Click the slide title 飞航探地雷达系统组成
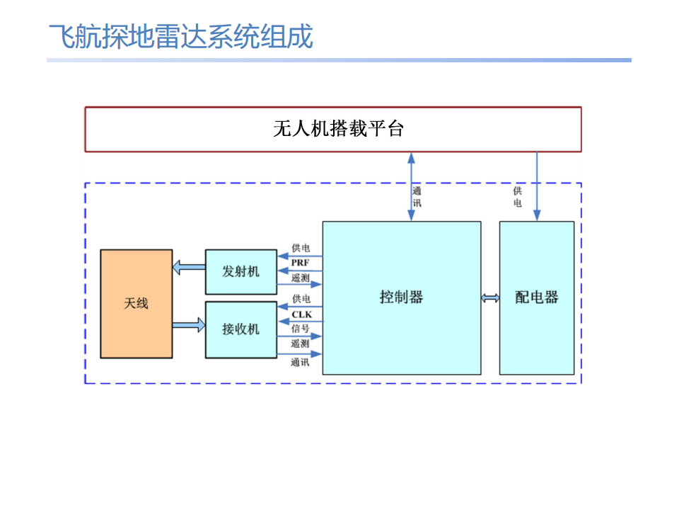pos(180,37)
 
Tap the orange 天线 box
pos(137,303)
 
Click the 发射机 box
pos(240,271)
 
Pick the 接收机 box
pos(240,329)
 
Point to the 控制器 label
pos(401,297)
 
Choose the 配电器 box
pos(536,297)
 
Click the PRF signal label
pos(301,263)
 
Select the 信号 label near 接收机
pos(301,329)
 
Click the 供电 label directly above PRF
pos(301,249)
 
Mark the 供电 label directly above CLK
pos(301,300)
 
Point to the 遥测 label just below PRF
pos(301,278)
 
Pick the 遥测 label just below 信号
pos(301,344)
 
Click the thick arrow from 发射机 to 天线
pos(188,268)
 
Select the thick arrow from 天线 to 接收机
pos(188,325)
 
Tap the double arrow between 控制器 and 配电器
pos(490,297)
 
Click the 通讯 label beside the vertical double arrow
pos(417,196)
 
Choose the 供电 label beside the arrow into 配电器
pos(518,197)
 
